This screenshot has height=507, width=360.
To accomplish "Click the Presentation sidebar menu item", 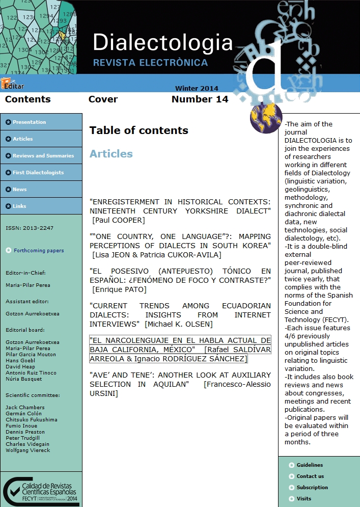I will [x=29, y=122].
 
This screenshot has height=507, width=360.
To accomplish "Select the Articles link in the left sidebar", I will [x=22, y=139].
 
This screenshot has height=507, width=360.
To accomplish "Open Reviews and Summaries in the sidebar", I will [x=43, y=156].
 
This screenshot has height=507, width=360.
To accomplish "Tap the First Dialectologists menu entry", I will [x=38, y=173].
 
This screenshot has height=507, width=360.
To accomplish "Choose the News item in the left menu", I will [x=19, y=190].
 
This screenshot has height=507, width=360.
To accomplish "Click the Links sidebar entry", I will [x=19, y=206].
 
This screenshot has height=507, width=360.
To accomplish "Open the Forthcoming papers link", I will [x=38, y=251].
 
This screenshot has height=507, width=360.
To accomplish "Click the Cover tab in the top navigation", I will [x=103, y=99].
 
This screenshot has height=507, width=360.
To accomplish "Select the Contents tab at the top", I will [x=28, y=99].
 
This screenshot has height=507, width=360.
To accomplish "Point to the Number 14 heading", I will [x=200, y=99].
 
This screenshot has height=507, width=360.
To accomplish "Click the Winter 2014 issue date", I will [x=197, y=88].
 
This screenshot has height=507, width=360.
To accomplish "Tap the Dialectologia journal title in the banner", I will [x=162, y=43].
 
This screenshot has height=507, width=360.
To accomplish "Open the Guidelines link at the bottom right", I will [x=310, y=465].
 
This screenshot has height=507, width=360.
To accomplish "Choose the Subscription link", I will [x=312, y=488].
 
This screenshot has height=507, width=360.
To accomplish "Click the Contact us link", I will [x=310, y=476].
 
